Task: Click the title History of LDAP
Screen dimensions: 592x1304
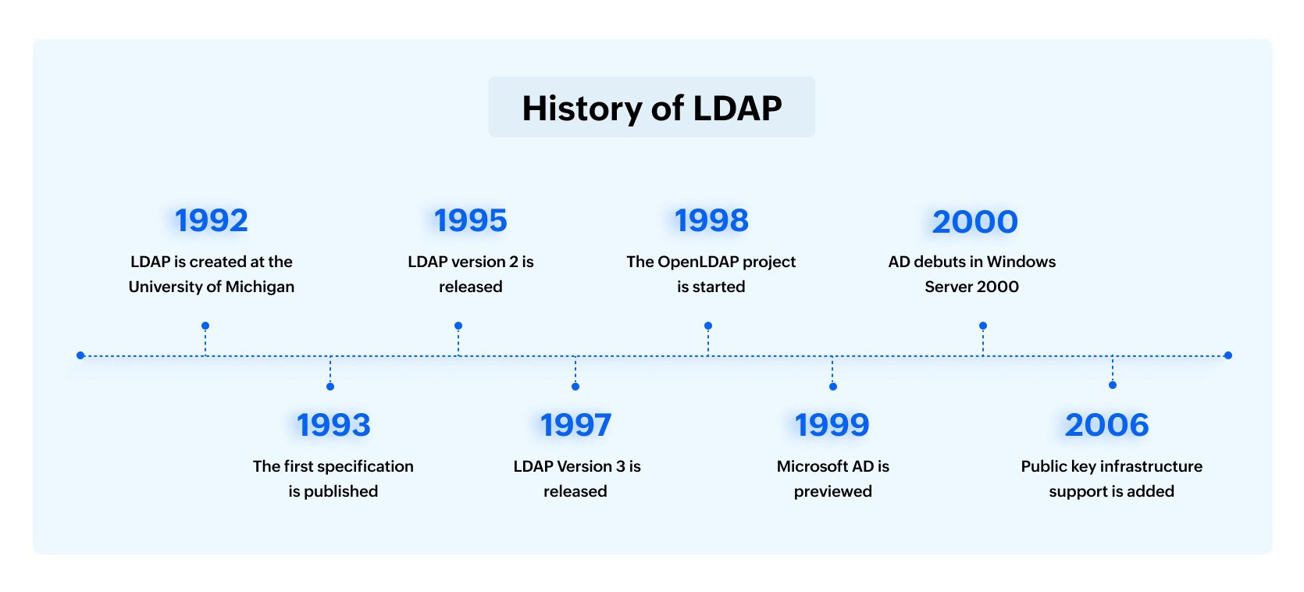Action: [x=651, y=108]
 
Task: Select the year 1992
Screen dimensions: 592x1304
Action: [x=212, y=221]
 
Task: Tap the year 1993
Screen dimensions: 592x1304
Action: [x=333, y=426]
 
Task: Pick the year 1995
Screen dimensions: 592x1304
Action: [x=471, y=221]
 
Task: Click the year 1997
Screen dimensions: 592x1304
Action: [x=575, y=426]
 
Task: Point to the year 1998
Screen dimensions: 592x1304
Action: [x=711, y=221]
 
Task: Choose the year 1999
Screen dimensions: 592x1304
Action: [x=832, y=426]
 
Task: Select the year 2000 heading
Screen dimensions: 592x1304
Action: [x=974, y=223]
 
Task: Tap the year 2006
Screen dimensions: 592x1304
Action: [x=1106, y=426]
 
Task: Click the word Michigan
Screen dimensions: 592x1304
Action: [x=260, y=287]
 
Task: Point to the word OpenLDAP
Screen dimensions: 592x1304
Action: [x=698, y=262]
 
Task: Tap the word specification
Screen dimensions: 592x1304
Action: [x=365, y=466]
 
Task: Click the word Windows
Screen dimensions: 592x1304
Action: [x=1021, y=262]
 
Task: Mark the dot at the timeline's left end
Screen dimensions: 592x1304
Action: [x=80, y=355]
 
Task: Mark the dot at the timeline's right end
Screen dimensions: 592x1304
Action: [x=1228, y=355]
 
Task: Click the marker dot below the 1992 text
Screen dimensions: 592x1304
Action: [x=205, y=326]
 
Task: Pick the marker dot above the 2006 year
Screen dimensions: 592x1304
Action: [x=1113, y=385]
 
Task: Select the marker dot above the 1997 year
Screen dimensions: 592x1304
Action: [x=575, y=387]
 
